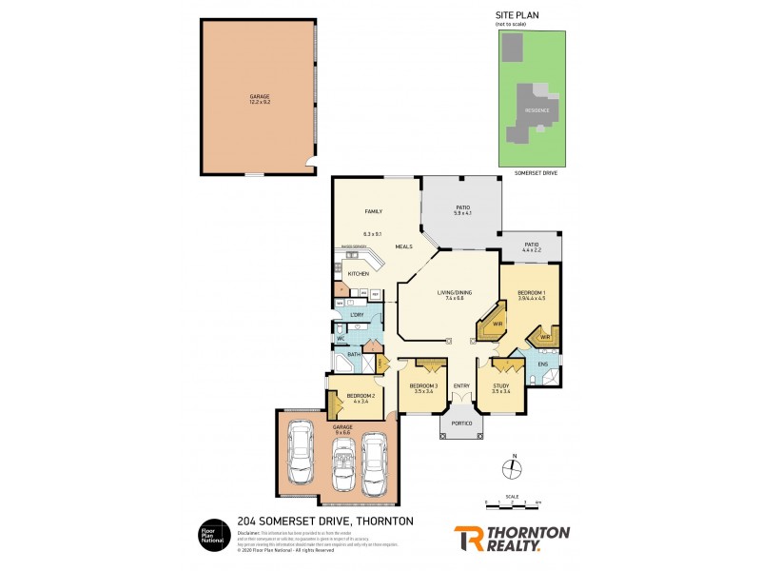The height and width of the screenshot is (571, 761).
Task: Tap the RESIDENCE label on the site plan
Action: [x=537, y=110]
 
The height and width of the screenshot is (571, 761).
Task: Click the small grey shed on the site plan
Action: [x=513, y=47]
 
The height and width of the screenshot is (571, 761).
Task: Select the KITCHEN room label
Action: [x=358, y=274]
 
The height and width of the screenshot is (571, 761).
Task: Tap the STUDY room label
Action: [x=501, y=384]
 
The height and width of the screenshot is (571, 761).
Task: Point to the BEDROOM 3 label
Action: [x=421, y=384]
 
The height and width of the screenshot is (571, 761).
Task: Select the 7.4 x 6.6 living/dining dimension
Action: [x=450, y=299]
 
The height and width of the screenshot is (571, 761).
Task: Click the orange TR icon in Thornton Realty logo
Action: [x=467, y=538]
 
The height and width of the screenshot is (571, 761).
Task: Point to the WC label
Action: [x=340, y=338]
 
